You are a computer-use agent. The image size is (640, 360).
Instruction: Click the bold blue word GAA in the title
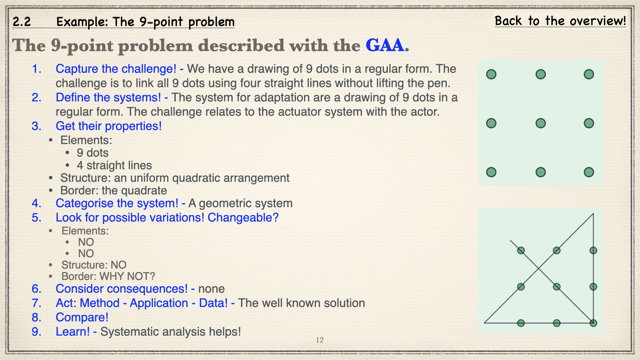click(x=385, y=46)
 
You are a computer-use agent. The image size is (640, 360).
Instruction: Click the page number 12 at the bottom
click(x=319, y=341)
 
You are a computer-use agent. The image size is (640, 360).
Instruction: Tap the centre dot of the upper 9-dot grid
click(x=540, y=123)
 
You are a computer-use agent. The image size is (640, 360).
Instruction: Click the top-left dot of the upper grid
click(x=491, y=74)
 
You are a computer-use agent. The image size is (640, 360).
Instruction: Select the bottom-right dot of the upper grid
click(x=589, y=172)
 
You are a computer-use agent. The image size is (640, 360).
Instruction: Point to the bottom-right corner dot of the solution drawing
click(x=593, y=322)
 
